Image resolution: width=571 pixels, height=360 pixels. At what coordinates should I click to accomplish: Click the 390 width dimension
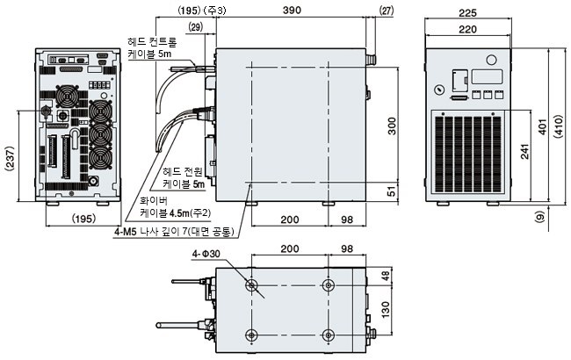292,10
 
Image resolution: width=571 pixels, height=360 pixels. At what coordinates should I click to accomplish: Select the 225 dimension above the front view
467,13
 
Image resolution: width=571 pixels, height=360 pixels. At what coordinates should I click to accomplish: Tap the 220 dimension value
467,29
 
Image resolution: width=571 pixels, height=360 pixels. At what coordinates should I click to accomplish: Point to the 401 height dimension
542,126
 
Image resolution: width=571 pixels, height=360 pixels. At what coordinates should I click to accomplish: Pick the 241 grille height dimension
524,151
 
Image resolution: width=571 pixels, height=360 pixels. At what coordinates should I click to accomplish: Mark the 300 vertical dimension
392,126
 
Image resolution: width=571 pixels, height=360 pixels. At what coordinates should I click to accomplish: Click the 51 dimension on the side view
392,191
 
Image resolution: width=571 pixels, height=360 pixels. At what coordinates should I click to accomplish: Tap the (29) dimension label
196,27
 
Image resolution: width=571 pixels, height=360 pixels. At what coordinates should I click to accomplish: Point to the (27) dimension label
386,11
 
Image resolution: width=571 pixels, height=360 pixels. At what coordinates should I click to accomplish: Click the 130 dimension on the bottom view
386,309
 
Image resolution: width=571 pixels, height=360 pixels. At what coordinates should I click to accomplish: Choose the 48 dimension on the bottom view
386,275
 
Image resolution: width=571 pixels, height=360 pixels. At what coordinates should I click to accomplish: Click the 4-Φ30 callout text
206,254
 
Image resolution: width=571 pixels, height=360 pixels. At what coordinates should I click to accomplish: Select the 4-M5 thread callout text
174,232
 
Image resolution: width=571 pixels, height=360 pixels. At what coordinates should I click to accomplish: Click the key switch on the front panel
440,90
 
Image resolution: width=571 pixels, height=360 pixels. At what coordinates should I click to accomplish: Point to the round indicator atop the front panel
491,60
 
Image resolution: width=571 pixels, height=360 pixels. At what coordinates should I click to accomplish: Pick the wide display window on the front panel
488,76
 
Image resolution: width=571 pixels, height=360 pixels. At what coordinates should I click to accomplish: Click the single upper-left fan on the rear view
67,97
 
